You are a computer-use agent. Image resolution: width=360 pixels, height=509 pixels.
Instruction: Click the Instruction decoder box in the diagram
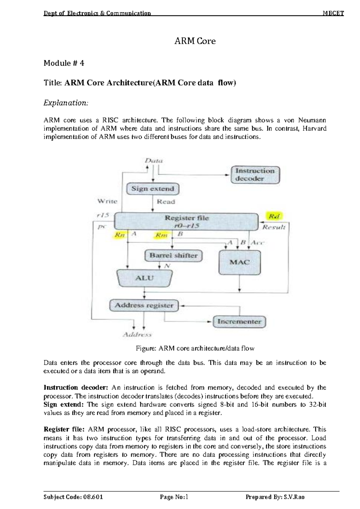coord(255,174)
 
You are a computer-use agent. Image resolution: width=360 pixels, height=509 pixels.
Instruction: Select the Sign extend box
coord(153,188)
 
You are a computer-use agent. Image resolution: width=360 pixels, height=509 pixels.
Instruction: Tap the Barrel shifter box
coord(173,256)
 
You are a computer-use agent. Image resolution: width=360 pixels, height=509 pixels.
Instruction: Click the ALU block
coord(145,278)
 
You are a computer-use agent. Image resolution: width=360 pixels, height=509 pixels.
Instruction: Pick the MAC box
coord(240,262)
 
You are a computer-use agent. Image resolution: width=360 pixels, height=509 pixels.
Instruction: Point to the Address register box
coord(144,306)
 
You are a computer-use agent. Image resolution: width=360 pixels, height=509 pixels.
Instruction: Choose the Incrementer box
coord(239,321)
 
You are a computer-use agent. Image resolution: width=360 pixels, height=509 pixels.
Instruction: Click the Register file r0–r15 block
coord(186,221)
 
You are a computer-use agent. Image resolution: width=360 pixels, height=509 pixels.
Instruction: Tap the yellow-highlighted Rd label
coord(274,216)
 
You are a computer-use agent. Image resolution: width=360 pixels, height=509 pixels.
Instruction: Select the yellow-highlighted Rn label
coord(120,235)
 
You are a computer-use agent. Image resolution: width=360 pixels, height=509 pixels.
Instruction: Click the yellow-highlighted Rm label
coord(161,235)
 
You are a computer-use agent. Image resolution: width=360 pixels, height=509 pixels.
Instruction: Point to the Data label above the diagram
coord(154,161)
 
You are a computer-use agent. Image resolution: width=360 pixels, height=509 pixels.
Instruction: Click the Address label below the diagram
coord(137,335)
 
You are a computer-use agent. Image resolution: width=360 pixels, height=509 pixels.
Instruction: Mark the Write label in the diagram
coord(107,201)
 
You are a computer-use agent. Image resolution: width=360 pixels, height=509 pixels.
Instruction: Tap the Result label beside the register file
coord(274,227)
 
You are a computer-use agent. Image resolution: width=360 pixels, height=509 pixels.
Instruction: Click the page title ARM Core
coord(195,41)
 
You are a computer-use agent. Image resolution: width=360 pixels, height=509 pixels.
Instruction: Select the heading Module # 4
coord(64,63)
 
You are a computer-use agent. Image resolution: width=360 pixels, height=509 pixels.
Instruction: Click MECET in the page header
coord(333,13)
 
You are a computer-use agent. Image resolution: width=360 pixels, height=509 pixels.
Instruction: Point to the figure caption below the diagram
coord(195,348)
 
